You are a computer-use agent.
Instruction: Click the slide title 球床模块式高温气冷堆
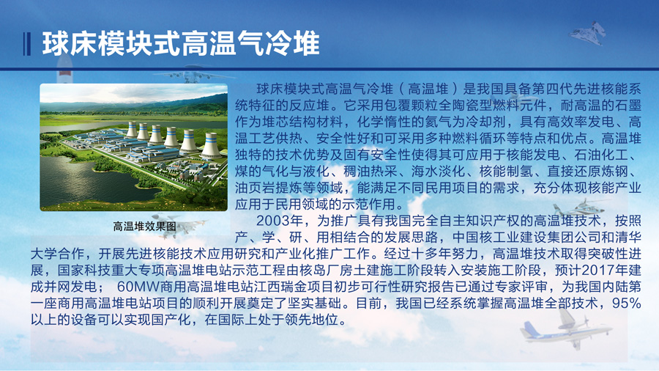coord(181,43)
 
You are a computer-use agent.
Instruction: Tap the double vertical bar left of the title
coord(27,44)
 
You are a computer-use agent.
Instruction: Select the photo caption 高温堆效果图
coord(144,227)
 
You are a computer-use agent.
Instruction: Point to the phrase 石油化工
coord(601,155)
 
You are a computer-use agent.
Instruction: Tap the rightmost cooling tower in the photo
coord(211,145)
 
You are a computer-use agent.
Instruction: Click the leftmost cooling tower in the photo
coord(132,130)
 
